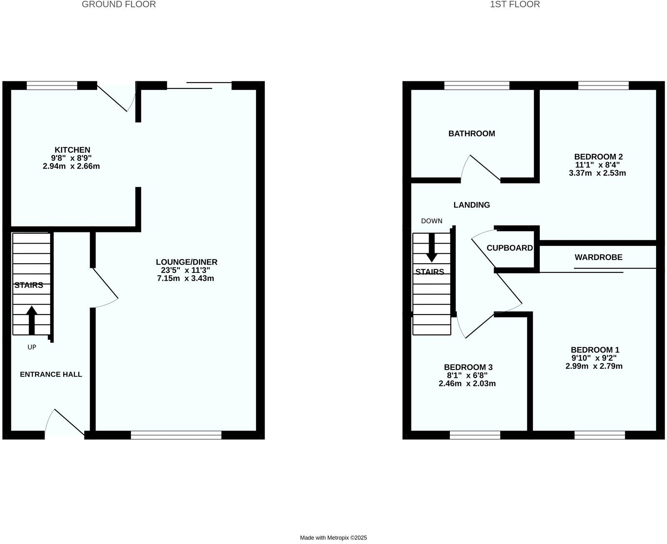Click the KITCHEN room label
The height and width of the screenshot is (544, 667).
(72, 150)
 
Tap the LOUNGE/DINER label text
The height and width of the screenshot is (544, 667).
(186, 262)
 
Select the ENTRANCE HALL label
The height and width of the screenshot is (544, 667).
(51, 374)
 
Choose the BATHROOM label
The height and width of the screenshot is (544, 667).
(471, 133)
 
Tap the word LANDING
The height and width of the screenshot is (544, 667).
(471, 205)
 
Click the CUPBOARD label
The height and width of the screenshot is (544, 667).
(509, 248)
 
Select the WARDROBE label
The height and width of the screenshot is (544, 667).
(598, 257)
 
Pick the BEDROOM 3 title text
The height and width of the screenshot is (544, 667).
(468, 367)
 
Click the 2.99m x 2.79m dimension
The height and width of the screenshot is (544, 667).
(594, 366)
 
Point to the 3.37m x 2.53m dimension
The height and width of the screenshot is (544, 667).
(597, 173)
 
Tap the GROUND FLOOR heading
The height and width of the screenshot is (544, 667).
(119, 5)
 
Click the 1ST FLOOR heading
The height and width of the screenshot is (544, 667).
(515, 5)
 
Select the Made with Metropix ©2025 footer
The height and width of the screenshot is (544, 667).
(333, 538)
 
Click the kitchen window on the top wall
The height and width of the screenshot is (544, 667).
(52, 86)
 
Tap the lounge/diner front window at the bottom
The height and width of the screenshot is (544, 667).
(176, 435)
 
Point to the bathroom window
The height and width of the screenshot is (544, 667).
(477, 86)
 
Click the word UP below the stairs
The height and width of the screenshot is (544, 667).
(32, 347)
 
